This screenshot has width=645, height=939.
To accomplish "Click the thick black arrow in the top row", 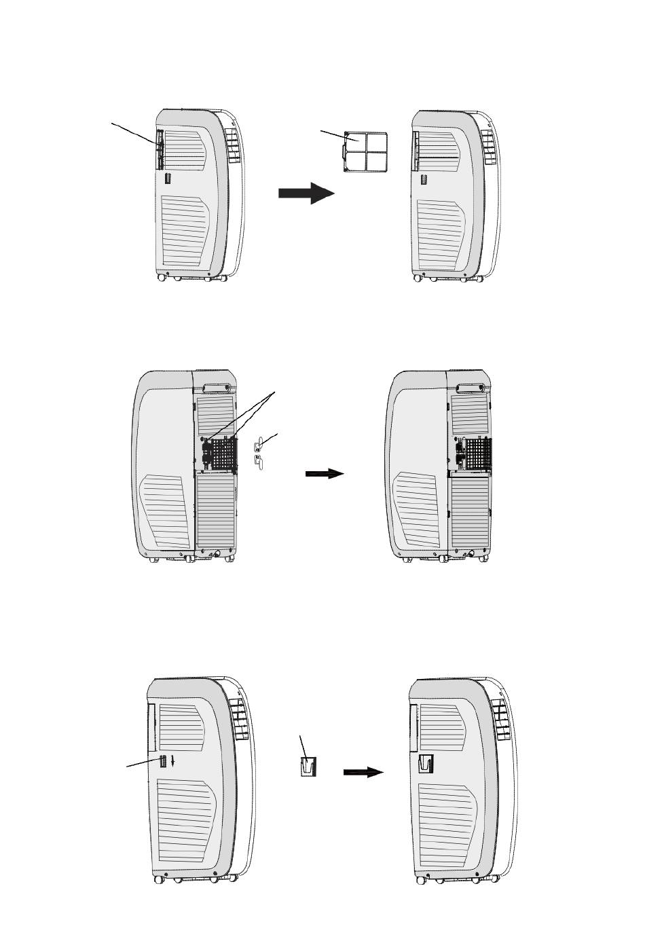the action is pyautogui.click(x=306, y=193).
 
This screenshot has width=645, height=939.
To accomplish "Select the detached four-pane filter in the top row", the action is pyautogui.click(x=365, y=153).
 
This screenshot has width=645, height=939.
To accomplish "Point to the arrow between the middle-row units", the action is pyautogui.click(x=325, y=473).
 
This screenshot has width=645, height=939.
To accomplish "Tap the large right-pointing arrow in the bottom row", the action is pyautogui.click(x=364, y=772).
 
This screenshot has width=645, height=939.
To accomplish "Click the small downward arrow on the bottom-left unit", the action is pyautogui.click(x=174, y=761).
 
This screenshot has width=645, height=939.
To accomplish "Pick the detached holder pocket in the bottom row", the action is pyautogui.click(x=308, y=768).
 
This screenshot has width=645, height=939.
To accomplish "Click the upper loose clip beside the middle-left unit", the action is pyautogui.click(x=257, y=445).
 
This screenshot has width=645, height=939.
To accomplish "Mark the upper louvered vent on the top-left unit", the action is pyautogui.click(x=184, y=150).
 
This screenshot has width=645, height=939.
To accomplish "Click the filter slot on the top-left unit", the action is pyautogui.click(x=160, y=149).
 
